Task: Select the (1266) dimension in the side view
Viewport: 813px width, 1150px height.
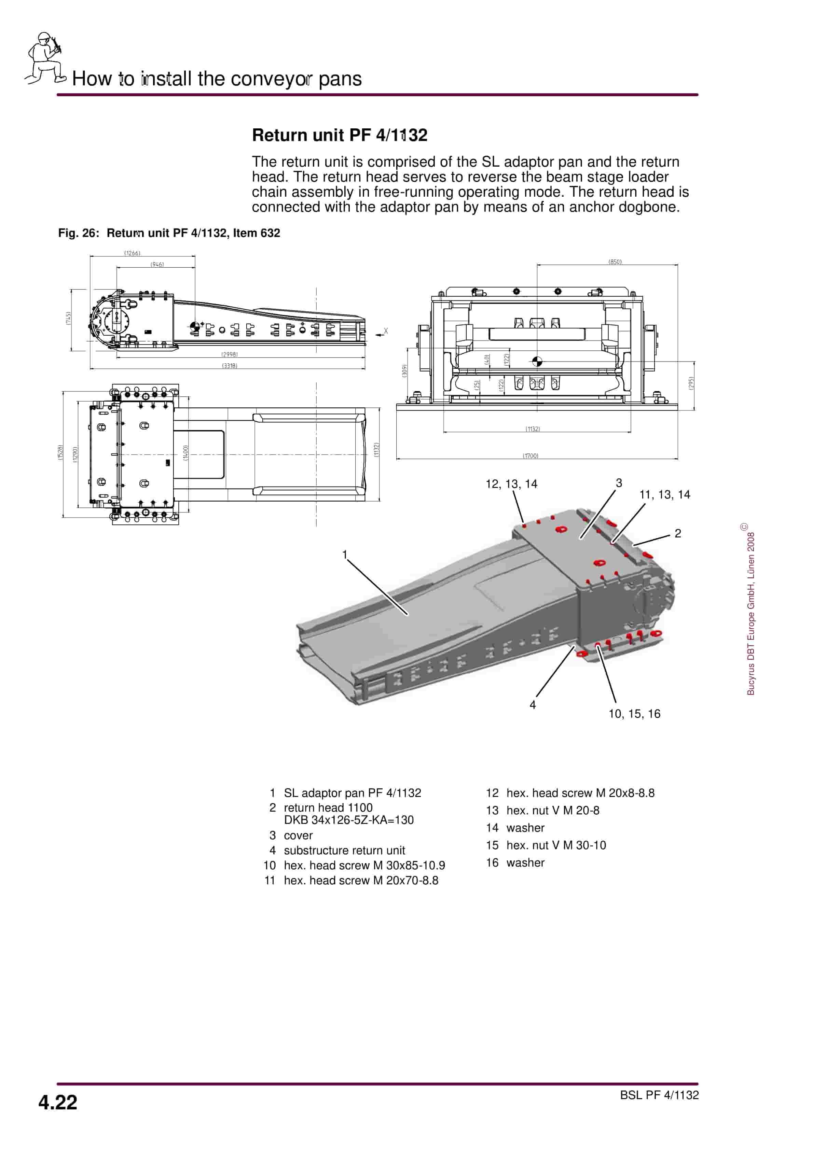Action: [x=132, y=253]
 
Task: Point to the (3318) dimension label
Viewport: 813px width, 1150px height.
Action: [x=230, y=366]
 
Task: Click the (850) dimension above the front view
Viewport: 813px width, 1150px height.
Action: [x=615, y=262]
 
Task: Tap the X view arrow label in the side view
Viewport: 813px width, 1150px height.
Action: [x=385, y=331]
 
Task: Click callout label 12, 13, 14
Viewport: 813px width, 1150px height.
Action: [x=511, y=484]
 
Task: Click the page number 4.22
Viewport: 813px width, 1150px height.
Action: [x=58, y=1103]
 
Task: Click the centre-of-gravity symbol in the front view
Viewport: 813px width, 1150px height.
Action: [x=537, y=361]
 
